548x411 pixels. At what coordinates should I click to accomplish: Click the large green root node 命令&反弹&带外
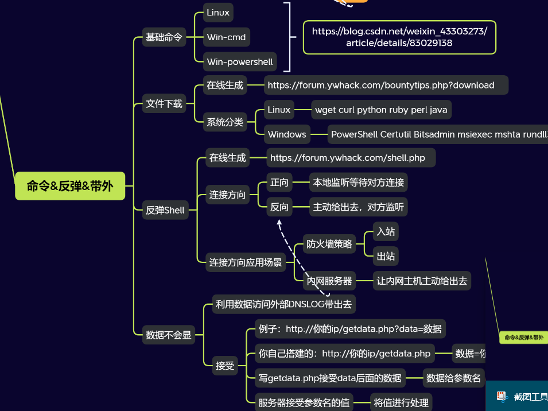click(x=70, y=186)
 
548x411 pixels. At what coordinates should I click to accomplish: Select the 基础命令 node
click(x=164, y=37)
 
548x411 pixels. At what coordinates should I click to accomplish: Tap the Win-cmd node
click(x=226, y=37)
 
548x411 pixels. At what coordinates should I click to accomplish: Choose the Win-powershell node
click(x=240, y=61)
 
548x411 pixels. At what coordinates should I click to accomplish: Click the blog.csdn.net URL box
click(x=399, y=37)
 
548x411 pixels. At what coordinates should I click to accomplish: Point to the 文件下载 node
click(x=164, y=104)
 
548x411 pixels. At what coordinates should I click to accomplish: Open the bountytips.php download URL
click(x=381, y=85)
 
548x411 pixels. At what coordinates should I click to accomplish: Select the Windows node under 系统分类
click(x=287, y=134)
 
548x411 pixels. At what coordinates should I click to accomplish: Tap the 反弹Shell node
click(x=165, y=210)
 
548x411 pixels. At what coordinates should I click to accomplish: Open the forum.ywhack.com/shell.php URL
click(x=348, y=157)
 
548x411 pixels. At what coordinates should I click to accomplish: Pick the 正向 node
click(x=279, y=183)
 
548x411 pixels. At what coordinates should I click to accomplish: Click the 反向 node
click(x=279, y=207)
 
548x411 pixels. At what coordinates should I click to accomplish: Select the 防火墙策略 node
click(x=329, y=244)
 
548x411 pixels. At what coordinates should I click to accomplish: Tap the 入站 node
click(x=385, y=232)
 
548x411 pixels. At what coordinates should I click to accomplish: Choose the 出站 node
click(x=385, y=256)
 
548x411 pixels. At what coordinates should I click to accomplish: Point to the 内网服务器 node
click(x=329, y=281)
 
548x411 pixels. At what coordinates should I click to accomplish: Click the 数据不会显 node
click(x=169, y=335)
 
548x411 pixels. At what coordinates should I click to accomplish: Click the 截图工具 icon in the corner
click(x=502, y=396)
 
